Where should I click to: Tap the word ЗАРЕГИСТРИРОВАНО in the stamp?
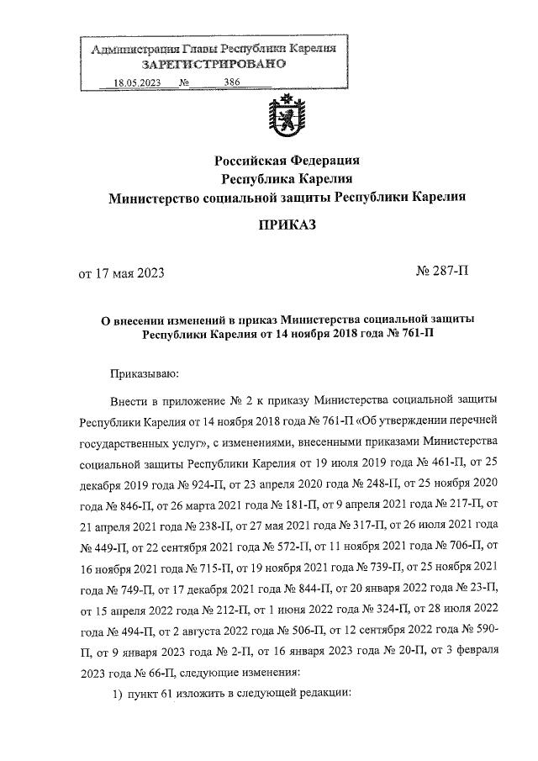(214, 65)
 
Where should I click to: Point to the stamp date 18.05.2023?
(136, 82)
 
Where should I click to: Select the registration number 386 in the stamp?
(233, 82)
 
